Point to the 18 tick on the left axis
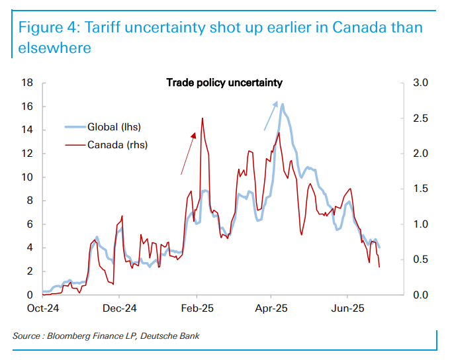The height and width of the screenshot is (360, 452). [x=28, y=83]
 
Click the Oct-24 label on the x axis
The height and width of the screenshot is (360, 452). [x=42, y=308]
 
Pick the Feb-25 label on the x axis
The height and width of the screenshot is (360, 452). [x=196, y=308]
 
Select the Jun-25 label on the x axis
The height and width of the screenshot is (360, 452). [x=348, y=308]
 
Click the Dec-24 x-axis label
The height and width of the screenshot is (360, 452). [x=120, y=308]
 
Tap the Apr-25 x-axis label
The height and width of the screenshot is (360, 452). [x=272, y=308]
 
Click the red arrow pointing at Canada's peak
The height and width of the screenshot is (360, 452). [x=189, y=153]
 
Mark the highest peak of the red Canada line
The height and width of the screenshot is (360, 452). [x=202, y=118]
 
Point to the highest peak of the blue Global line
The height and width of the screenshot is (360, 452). [x=283, y=104]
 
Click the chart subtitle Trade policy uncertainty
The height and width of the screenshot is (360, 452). [x=224, y=83]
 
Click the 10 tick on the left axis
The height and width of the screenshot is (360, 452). [x=28, y=177]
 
